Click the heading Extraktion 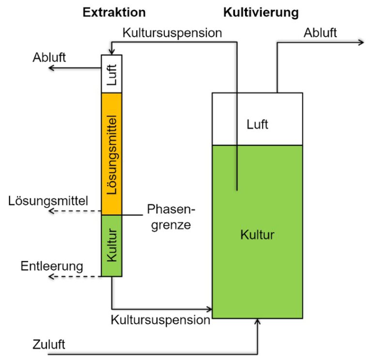[x=114, y=12]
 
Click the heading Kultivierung [x=261, y=12]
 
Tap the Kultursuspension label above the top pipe [x=172, y=33]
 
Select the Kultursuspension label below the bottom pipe [x=160, y=320]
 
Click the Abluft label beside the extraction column [x=49, y=58]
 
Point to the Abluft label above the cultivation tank [x=320, y=33]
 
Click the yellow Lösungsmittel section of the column [x=112, y=154]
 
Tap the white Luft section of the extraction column [x=112, y=74]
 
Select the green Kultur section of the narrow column [x=112, y=246]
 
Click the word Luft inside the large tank [x=257, y=124]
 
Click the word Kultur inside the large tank [x=257, y=235]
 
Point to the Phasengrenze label [x=171, y=217]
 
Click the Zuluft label [x=48, y=345]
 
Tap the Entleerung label [x=52, y=266]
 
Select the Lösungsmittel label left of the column [x=48, y=201]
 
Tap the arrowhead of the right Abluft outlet [x=360, y=43]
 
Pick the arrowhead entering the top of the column [x=112, y=52]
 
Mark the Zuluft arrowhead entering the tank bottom [x=257, y=322]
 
